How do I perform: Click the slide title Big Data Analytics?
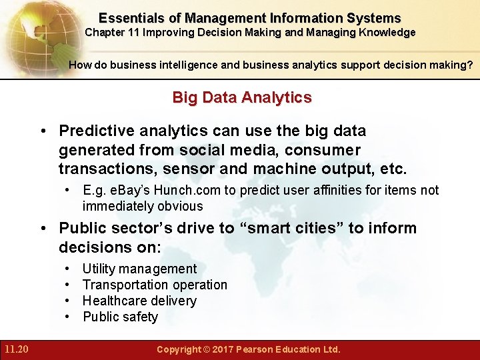click(x=241, y=97)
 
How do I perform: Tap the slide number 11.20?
click(x=15, y=349)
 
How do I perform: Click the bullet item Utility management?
click(x=139, y=269)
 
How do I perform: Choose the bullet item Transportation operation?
click(x=155, y=285)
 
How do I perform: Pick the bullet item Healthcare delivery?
click(x=139, y=301)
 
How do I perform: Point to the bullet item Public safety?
click(x=120, y=317)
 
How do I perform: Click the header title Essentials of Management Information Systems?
click(x=249, y=19)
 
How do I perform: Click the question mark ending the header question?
click(x=471, y=65)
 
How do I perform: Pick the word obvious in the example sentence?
click(x=181, y=206)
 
